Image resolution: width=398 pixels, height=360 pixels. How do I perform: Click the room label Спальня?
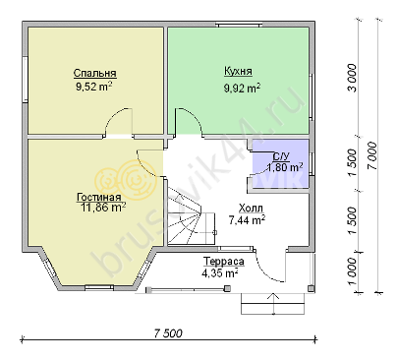click(x=95, y=73)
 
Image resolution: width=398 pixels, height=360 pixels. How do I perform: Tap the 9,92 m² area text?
click(x=242, y=88)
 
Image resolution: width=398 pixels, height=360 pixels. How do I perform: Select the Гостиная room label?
click(x=99, y=197)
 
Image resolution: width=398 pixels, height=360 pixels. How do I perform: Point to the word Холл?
click(x=251, y=209)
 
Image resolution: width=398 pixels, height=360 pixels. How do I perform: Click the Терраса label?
click(x=224, y=262)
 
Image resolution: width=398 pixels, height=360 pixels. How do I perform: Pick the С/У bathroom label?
click(x=282, y=156)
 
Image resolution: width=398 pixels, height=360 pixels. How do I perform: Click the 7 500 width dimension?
click(x=168, y=333)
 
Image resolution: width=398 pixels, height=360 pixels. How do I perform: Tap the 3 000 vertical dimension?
click(x=352, y=78)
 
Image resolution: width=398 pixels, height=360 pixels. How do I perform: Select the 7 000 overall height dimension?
click(x=371, y=156)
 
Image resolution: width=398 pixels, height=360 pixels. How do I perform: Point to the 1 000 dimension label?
click(x=352, y=272)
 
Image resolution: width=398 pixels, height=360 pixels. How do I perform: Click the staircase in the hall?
click(x=191, y=217)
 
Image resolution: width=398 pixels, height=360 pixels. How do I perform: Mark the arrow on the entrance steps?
click(x=273, y=303)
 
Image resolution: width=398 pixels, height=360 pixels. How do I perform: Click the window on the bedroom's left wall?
click(x=25, y=80)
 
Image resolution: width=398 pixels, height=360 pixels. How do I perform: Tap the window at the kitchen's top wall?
click(x=239, y=24)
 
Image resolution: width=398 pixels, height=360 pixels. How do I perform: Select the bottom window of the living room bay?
click(x=99, y=287)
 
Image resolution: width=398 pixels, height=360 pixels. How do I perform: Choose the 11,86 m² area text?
click(x=103, y=207)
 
